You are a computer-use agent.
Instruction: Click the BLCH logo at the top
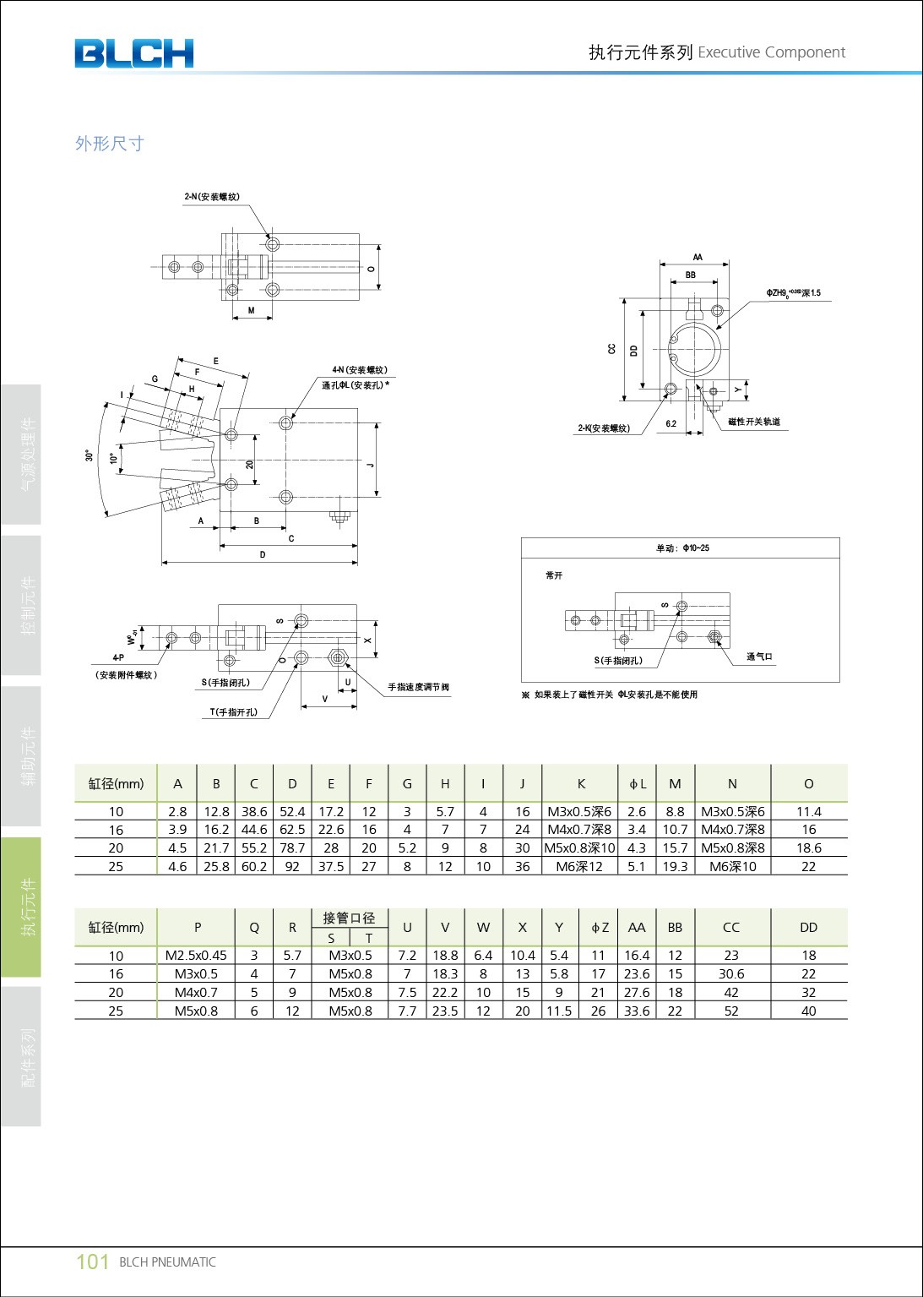point(133,53)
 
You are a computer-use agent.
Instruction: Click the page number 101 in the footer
point(92,1262)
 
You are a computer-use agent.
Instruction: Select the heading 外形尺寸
point(110,144)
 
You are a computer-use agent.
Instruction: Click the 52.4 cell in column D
point(292,811)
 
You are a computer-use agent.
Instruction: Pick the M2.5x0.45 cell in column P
point(196,956)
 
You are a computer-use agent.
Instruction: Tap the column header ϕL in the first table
point(637,784)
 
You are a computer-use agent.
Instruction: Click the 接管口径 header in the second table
point(349,918)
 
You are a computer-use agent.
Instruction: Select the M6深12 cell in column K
point(579,866)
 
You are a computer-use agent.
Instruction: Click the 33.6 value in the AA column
point(637,1011)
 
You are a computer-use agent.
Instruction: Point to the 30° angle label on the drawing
point(90,455)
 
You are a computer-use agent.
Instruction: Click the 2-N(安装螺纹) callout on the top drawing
point(212,197)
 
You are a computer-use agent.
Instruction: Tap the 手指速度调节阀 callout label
point(418,687)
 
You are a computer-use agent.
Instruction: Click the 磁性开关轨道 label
point(753,422)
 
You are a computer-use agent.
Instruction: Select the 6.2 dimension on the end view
point(671,424)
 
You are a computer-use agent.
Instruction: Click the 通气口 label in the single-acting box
point(759,657)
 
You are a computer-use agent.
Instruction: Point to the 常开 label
point(554,575)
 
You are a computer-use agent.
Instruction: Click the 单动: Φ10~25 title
point(682,548)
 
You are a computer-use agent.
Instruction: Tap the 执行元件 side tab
point(29,907)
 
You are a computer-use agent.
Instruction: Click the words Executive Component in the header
point(771,52)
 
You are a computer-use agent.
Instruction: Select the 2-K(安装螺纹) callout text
point(604,428)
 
